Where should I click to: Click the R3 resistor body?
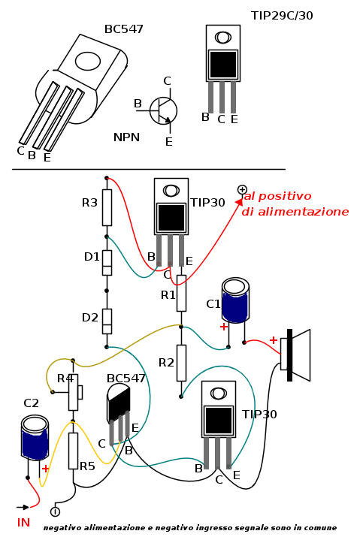pos(107,207)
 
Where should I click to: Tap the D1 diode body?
pos(107,263)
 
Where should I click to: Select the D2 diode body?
pos(107,321)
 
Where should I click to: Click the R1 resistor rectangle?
pos(181,294)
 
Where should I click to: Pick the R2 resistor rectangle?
pos(181,363)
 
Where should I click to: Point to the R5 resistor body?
pos(73,451)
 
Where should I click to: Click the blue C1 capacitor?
pos(235,300)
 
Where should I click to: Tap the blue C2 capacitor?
pos(35,438)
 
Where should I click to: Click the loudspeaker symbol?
pos(295,355)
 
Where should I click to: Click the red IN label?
pos(23,523)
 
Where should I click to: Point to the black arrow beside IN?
pos(23,508)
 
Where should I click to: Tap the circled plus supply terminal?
pos(242,189)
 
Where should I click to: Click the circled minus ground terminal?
pos(55,511)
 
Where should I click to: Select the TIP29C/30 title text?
pos(282,16)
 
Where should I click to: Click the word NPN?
pos(126,137)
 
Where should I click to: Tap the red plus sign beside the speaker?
pos(274,340)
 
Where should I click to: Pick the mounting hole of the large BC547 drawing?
pos(88,62)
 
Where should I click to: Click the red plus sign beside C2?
pos(45,469)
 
